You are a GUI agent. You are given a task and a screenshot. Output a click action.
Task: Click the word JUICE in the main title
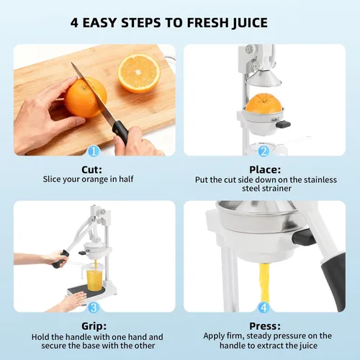[x=250, y=23]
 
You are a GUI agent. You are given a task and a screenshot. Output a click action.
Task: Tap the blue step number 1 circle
[x=94, y=151]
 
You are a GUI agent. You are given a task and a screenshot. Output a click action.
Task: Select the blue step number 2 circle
[x=264, y=151]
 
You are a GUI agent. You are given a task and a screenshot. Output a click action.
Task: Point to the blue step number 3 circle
[x=94, y=307]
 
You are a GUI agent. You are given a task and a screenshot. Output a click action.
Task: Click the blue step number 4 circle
[x=264, y=307]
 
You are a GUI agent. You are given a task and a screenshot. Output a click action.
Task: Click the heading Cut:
[x=91, y=170]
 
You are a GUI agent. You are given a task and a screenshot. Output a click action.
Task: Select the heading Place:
[x=265, y=170]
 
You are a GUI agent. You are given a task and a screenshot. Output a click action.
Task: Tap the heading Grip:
[x=94, y=326]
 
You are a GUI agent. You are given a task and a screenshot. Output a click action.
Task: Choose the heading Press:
[x=265, y=326]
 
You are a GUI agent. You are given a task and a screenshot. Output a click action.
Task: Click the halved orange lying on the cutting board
[x=139, y=73]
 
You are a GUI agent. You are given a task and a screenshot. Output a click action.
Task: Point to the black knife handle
[x=120, y=132]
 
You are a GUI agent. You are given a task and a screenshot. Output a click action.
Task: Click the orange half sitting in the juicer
[x=264, y=103]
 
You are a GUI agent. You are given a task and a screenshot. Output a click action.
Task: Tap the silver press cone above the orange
[x=264, y=78]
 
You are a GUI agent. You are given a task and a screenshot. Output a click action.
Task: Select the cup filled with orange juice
[x=94, y=276]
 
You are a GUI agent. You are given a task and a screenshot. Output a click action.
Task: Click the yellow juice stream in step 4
[x=264, y=283]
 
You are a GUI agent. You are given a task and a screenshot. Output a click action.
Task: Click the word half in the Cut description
[x=126, y=179]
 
